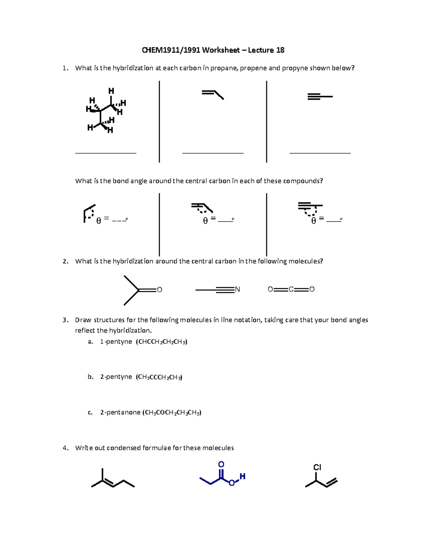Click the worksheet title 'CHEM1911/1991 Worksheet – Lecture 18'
click(x=213, y=50)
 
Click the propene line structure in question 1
click(x=213, y=95)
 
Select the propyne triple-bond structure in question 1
click(x=319, y=96)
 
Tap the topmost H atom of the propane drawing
click(x=111, y=91)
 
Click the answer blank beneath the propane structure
click(x=105, y=153)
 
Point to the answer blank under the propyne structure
click(x=320, y=153)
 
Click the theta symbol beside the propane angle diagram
click(x=98, y=221)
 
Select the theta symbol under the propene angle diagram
click(x=205, y=221)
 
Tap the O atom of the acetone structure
click(x=159, y=290)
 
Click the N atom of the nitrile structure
click(x=237, y=289)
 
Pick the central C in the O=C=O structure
click(x=291, y=289)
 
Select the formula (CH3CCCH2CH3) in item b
click(x=159, y=377)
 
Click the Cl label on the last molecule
click(x=317, y=467)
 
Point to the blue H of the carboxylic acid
click(x=242, y=476)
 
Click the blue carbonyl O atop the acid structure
click(x=221, y=464)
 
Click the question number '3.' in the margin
click(x=65, y=320)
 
